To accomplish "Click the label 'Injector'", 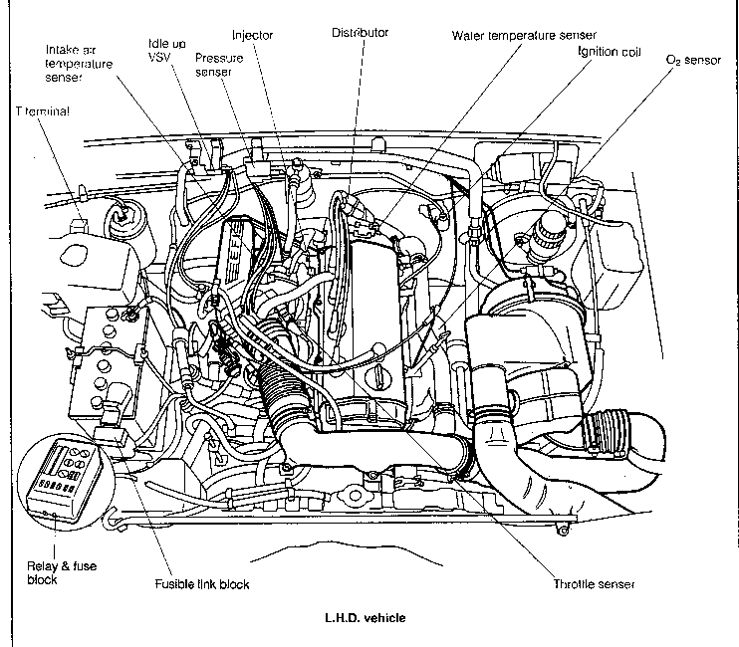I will (x=251, y=35).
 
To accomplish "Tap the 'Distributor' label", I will (x=361, y=33).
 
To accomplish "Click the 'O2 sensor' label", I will (x=692, y=60).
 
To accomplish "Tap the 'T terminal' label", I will (x=43, y=112).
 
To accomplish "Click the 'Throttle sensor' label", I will (x=594, y=583).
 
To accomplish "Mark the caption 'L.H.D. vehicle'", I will (x=365, y=617).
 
